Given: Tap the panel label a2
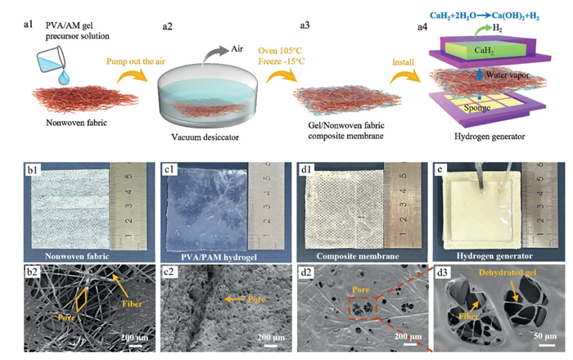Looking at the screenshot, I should pos(168,26).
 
